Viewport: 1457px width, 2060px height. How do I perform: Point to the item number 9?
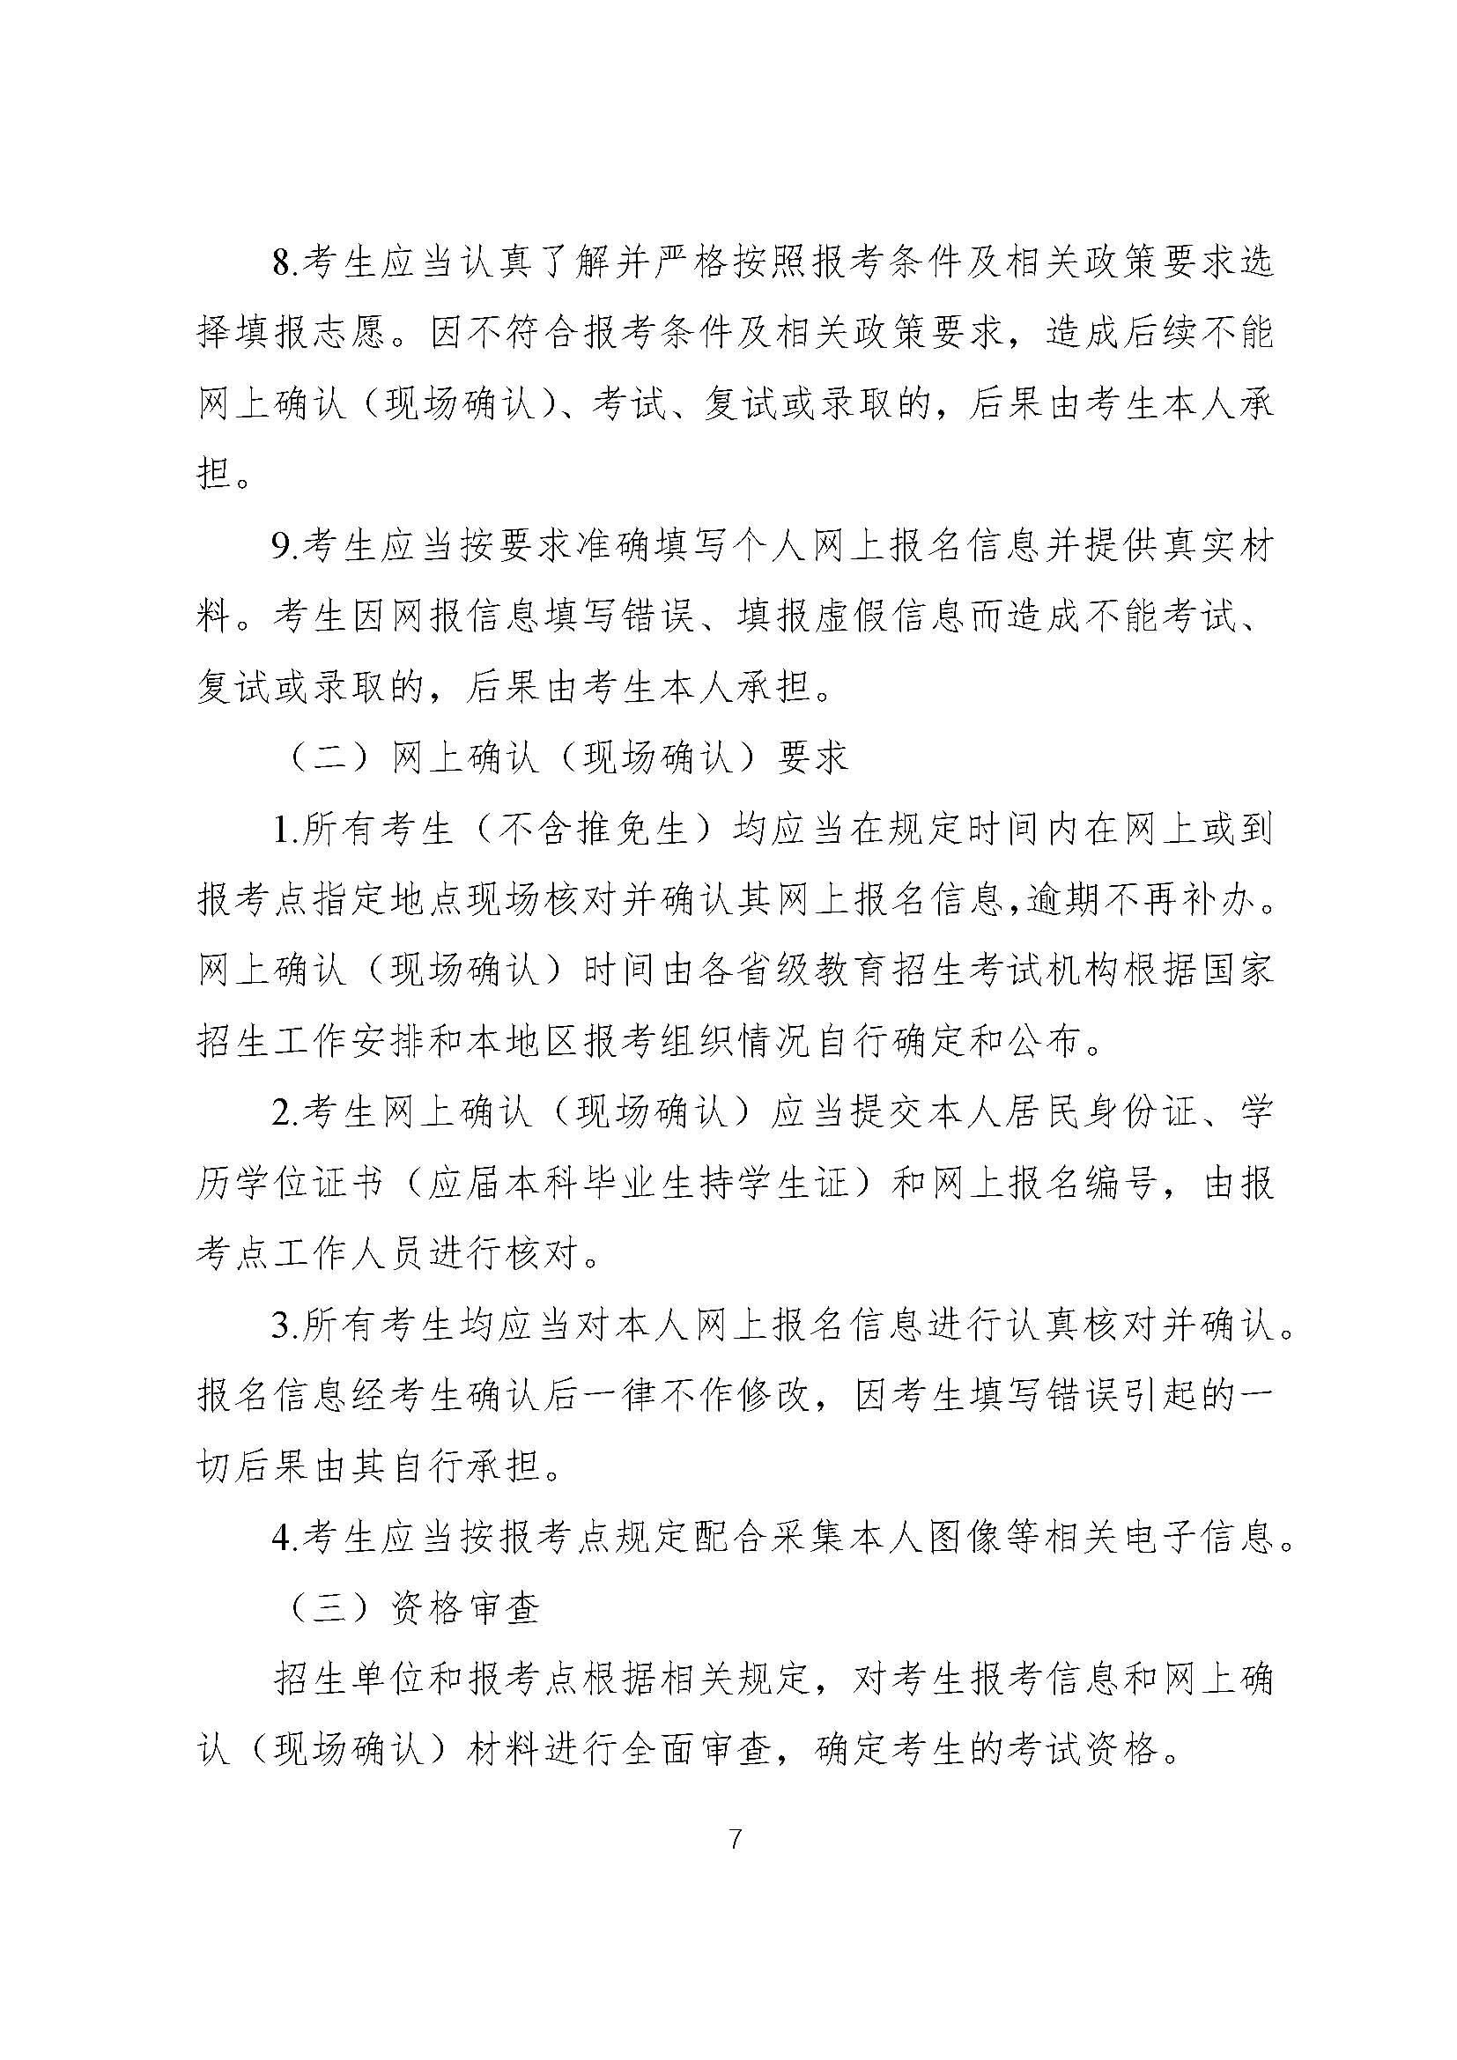[285, 546]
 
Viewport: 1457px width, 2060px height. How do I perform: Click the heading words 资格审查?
[468, 1608]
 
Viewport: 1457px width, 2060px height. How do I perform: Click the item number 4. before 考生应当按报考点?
[285, 1538]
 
